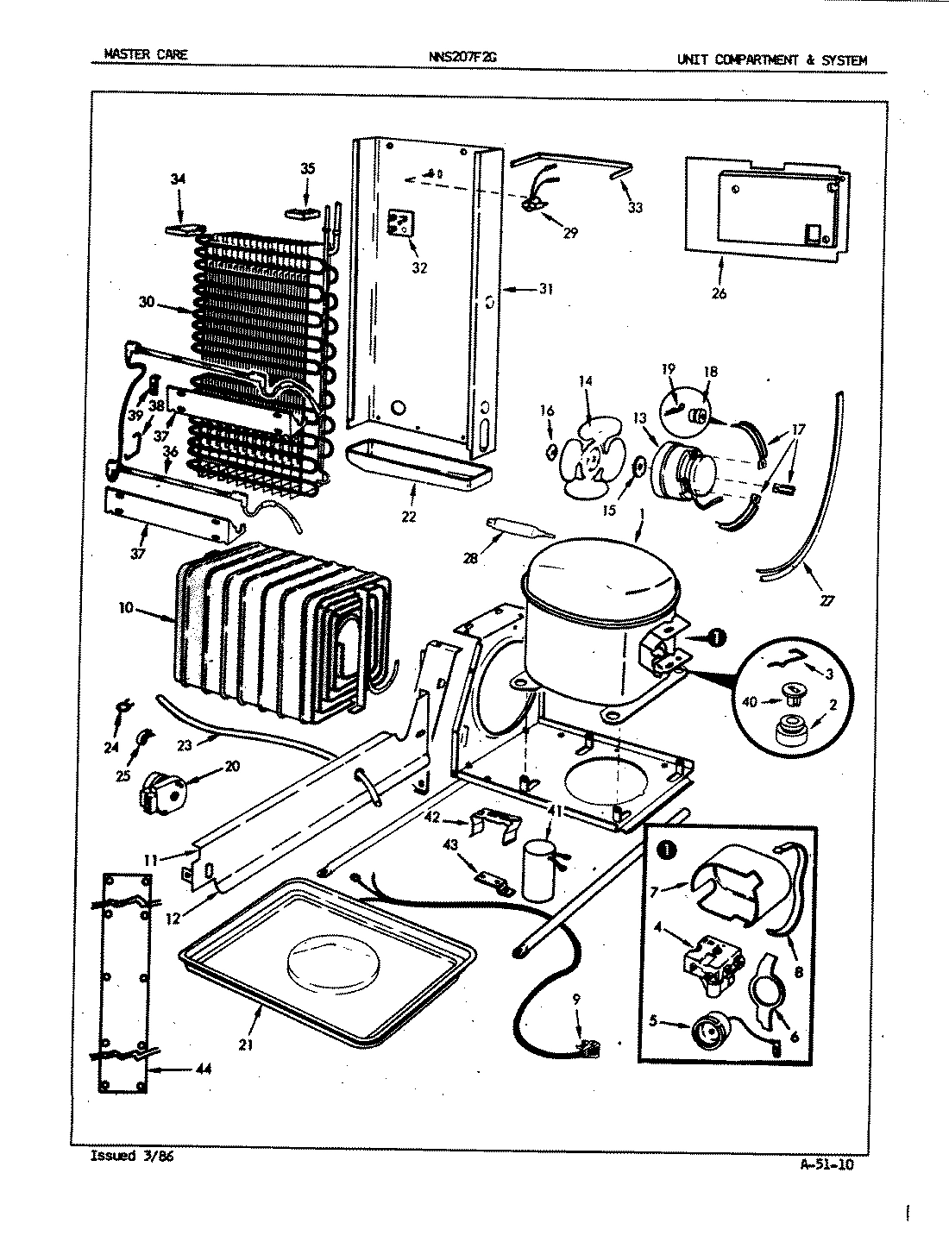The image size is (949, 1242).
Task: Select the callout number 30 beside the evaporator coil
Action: [148, 303]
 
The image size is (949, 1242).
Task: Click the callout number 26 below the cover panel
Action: [719, 293]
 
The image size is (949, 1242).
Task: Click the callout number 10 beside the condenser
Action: [127, 609]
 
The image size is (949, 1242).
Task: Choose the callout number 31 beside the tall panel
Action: [545, 290]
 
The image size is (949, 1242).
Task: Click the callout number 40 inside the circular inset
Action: [749, 702]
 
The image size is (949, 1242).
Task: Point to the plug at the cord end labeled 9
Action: [589, 1048]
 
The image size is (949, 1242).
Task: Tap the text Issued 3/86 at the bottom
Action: [132, 1157]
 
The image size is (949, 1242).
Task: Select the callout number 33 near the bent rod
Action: [635, 208]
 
